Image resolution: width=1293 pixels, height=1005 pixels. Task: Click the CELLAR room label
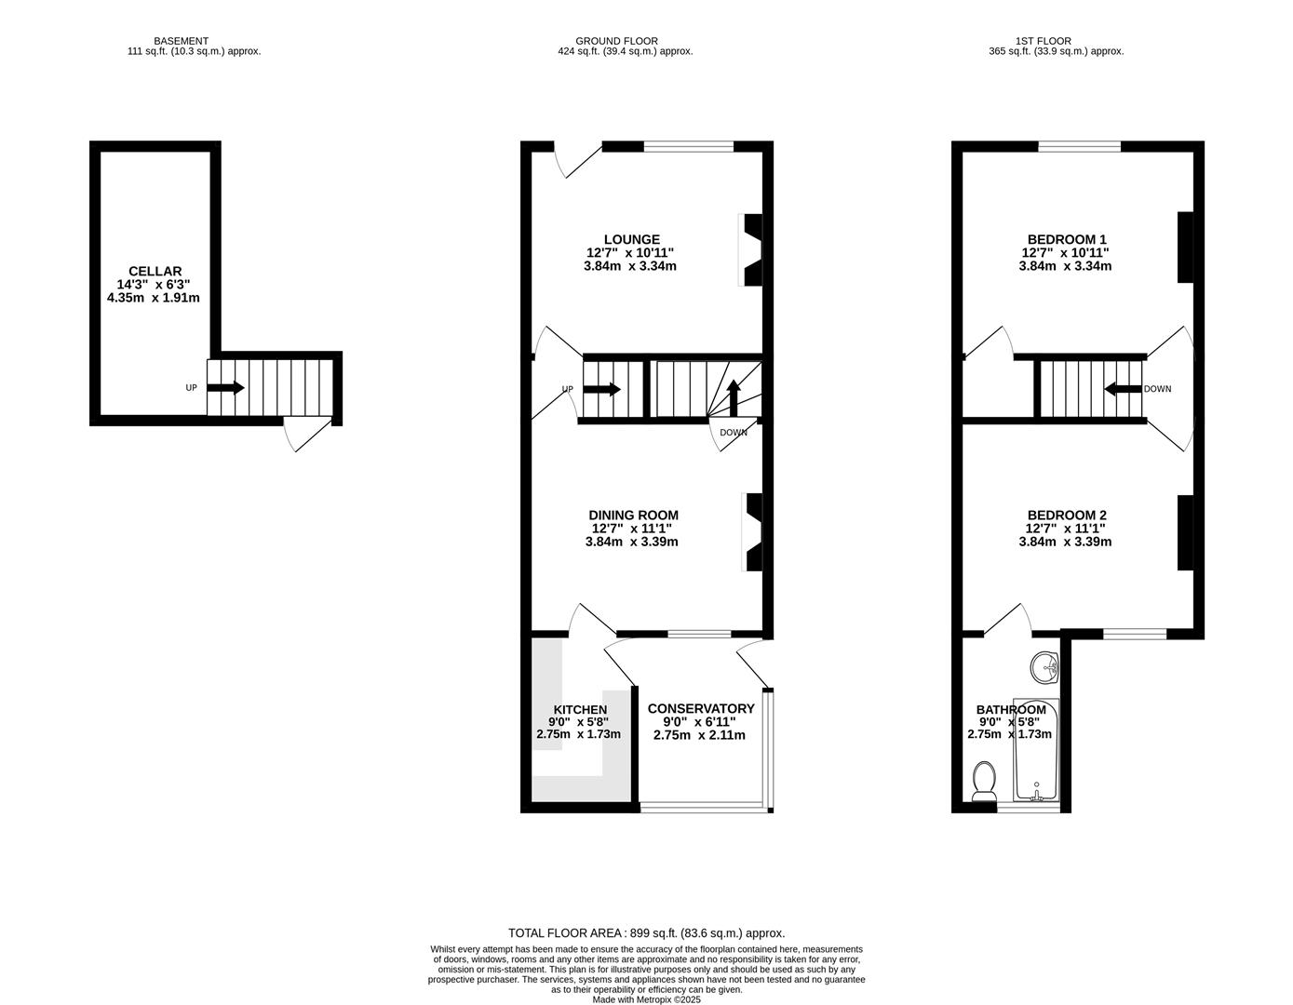tap(155, 271)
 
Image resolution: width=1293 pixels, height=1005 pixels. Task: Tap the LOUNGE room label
tap(631, 239)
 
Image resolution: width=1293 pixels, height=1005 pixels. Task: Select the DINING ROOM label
tap(633, 515)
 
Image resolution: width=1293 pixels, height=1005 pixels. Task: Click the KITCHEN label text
tap(579, 709)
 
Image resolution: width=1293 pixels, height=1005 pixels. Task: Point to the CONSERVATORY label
tap(700, 708)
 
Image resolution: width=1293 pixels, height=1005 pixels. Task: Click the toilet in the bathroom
tap(983, 781)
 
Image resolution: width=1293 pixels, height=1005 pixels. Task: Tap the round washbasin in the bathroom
tap(1045, 665)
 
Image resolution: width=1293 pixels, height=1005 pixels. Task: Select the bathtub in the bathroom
tap(1036, 749)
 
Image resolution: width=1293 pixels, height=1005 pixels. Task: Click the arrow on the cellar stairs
tap(225, 387)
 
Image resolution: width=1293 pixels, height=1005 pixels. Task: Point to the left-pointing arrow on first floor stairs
tap(1123, 389)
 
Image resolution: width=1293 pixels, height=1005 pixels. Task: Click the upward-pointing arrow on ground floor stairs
tap(733, 397)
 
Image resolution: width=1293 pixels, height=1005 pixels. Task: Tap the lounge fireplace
tap(751, 248)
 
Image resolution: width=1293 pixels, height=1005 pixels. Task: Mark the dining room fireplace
tap(753, 531)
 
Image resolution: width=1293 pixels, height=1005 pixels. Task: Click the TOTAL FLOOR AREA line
tap(646, 932)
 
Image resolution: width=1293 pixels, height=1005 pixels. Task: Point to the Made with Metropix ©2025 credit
tap(646, 999)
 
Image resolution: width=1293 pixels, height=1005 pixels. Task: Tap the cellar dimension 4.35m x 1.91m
tap(154, 298)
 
